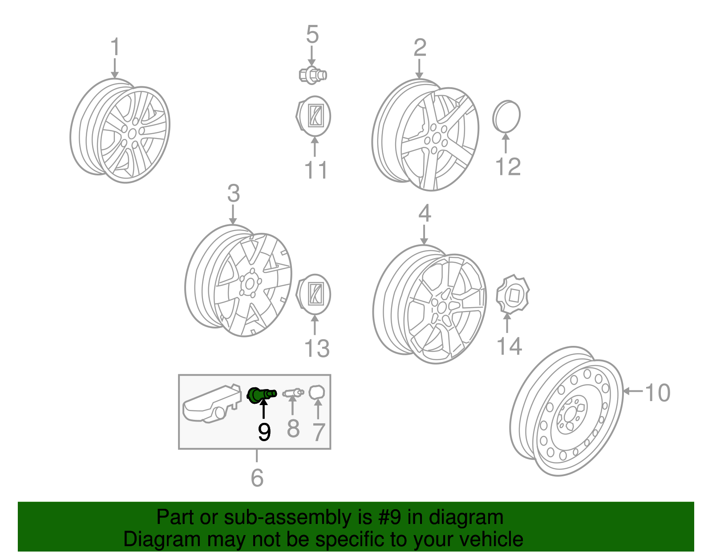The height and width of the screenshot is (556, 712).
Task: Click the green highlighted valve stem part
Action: [x=261, y=394]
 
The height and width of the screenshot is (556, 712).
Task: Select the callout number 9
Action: [x=264, y=431]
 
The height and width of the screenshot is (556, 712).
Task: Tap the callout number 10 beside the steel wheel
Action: [x=657, y=393]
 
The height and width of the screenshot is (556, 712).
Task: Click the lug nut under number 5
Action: [x=312, y=74]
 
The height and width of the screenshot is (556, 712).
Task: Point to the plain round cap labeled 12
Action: [x=506, y=117]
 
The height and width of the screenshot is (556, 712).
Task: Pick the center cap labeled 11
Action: [x=313, y=116]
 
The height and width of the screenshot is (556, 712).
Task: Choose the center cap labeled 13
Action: [x=313, y=294]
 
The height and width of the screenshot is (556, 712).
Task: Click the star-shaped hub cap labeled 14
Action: [x=512, y=295]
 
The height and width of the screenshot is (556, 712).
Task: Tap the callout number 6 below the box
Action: [x=257, y=478]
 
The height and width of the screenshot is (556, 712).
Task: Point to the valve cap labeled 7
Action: [x=317, y=392]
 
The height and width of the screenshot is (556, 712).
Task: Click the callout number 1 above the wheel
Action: [x=115, y=47]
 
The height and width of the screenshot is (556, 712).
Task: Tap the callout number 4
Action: [x=425, y=213]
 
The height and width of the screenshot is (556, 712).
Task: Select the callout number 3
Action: [x=233, y=194]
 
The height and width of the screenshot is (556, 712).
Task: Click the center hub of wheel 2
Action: [x=436, y=138]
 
